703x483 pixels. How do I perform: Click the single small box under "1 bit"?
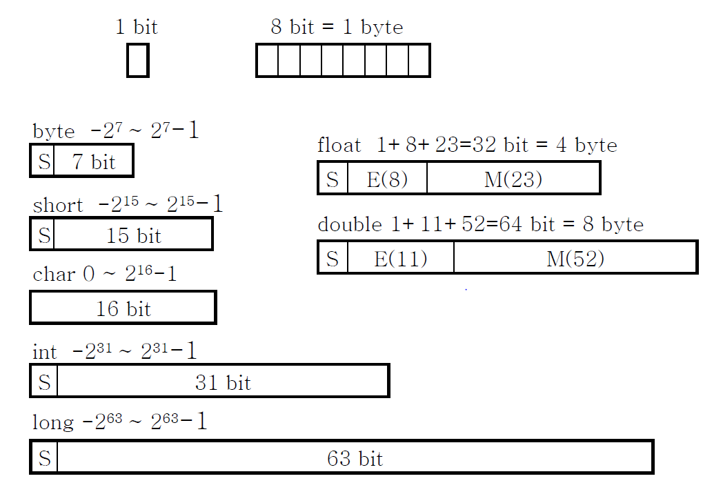click(x=138, y=61)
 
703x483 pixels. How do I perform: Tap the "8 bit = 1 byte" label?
click(x=337, y=28)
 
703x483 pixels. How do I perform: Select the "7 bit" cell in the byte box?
click(x=93, y=161)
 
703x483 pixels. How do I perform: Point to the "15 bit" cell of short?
click(x=133, y=235)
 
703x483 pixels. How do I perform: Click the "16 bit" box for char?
click(x=123, y=308)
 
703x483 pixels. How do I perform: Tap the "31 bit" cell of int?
click(x=223, y=382)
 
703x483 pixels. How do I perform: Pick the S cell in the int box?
click(x=44, y=382)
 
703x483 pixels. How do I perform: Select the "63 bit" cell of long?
click(x=355, y=457)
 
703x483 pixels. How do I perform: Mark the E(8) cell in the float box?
click(x=387, y=179)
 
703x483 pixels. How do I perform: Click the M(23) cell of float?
click(x=513, y=179)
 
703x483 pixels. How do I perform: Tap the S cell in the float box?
click(x=333, y=179)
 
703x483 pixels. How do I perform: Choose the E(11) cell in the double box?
click(x=401, y=258)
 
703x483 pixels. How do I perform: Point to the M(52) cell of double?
click(x=575, y=258)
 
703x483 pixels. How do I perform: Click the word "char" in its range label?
click(x=54, y=275)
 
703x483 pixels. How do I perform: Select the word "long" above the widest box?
click(x=52, y=422)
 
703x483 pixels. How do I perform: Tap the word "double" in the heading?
click(x=349, y=225)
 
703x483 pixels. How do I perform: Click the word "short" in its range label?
click(x=58, y=206)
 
